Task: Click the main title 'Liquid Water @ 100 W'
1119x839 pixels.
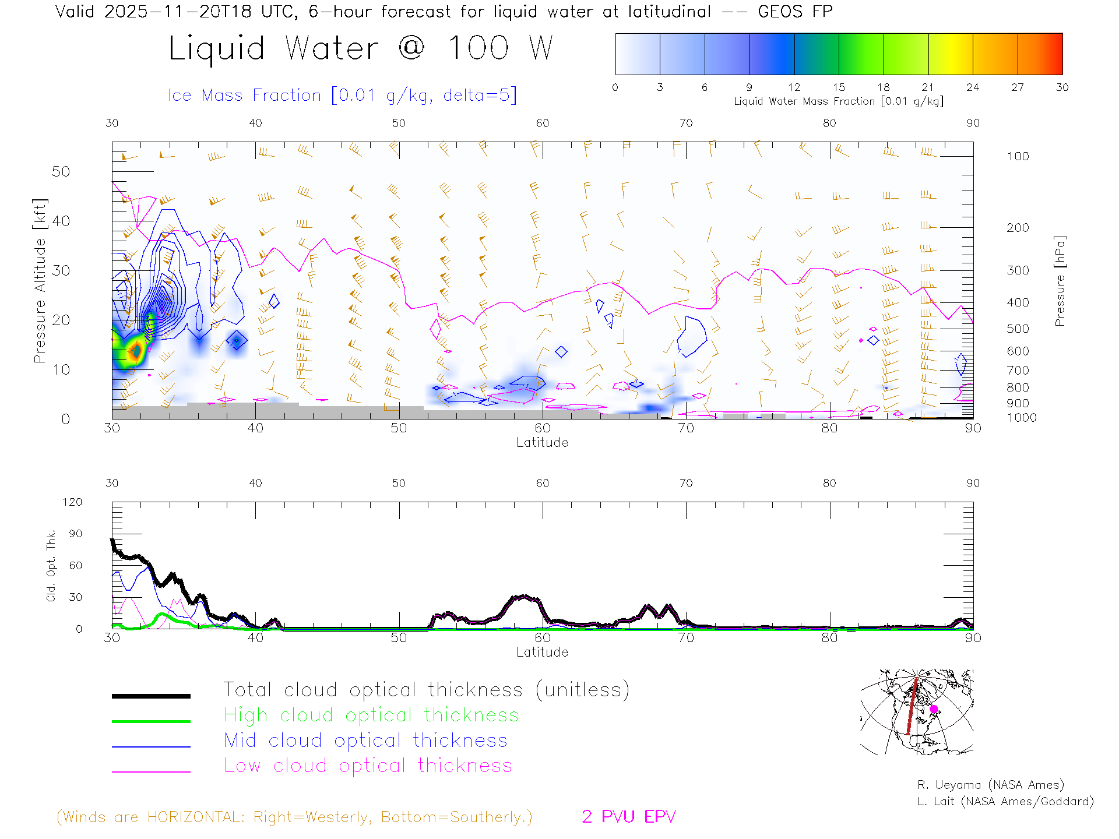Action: point(360,48)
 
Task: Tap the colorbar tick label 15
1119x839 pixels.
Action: point(839,87)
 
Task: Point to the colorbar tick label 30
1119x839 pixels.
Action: point(1062,87)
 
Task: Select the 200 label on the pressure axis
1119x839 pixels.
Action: point(1018,228)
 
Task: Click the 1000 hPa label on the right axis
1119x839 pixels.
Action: point(1022,418)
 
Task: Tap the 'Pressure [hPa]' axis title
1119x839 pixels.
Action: point(1060,281)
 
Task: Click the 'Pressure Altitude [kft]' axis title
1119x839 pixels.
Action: point(40,281)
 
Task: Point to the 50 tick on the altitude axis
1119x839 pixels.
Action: point(61,171)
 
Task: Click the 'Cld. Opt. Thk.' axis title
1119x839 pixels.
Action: point(51,565)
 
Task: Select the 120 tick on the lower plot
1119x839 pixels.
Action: point(73,502)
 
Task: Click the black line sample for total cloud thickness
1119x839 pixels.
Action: point(151,696)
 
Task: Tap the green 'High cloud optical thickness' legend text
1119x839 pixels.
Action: point(371,715)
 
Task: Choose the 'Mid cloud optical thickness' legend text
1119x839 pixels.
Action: point(366,741)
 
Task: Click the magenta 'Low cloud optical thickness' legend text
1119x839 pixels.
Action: point(368,766)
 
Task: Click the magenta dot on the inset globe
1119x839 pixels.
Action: point(934,709)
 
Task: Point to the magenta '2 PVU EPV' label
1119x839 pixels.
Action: point(629,817)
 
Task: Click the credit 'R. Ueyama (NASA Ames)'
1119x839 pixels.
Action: point(991,785)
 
